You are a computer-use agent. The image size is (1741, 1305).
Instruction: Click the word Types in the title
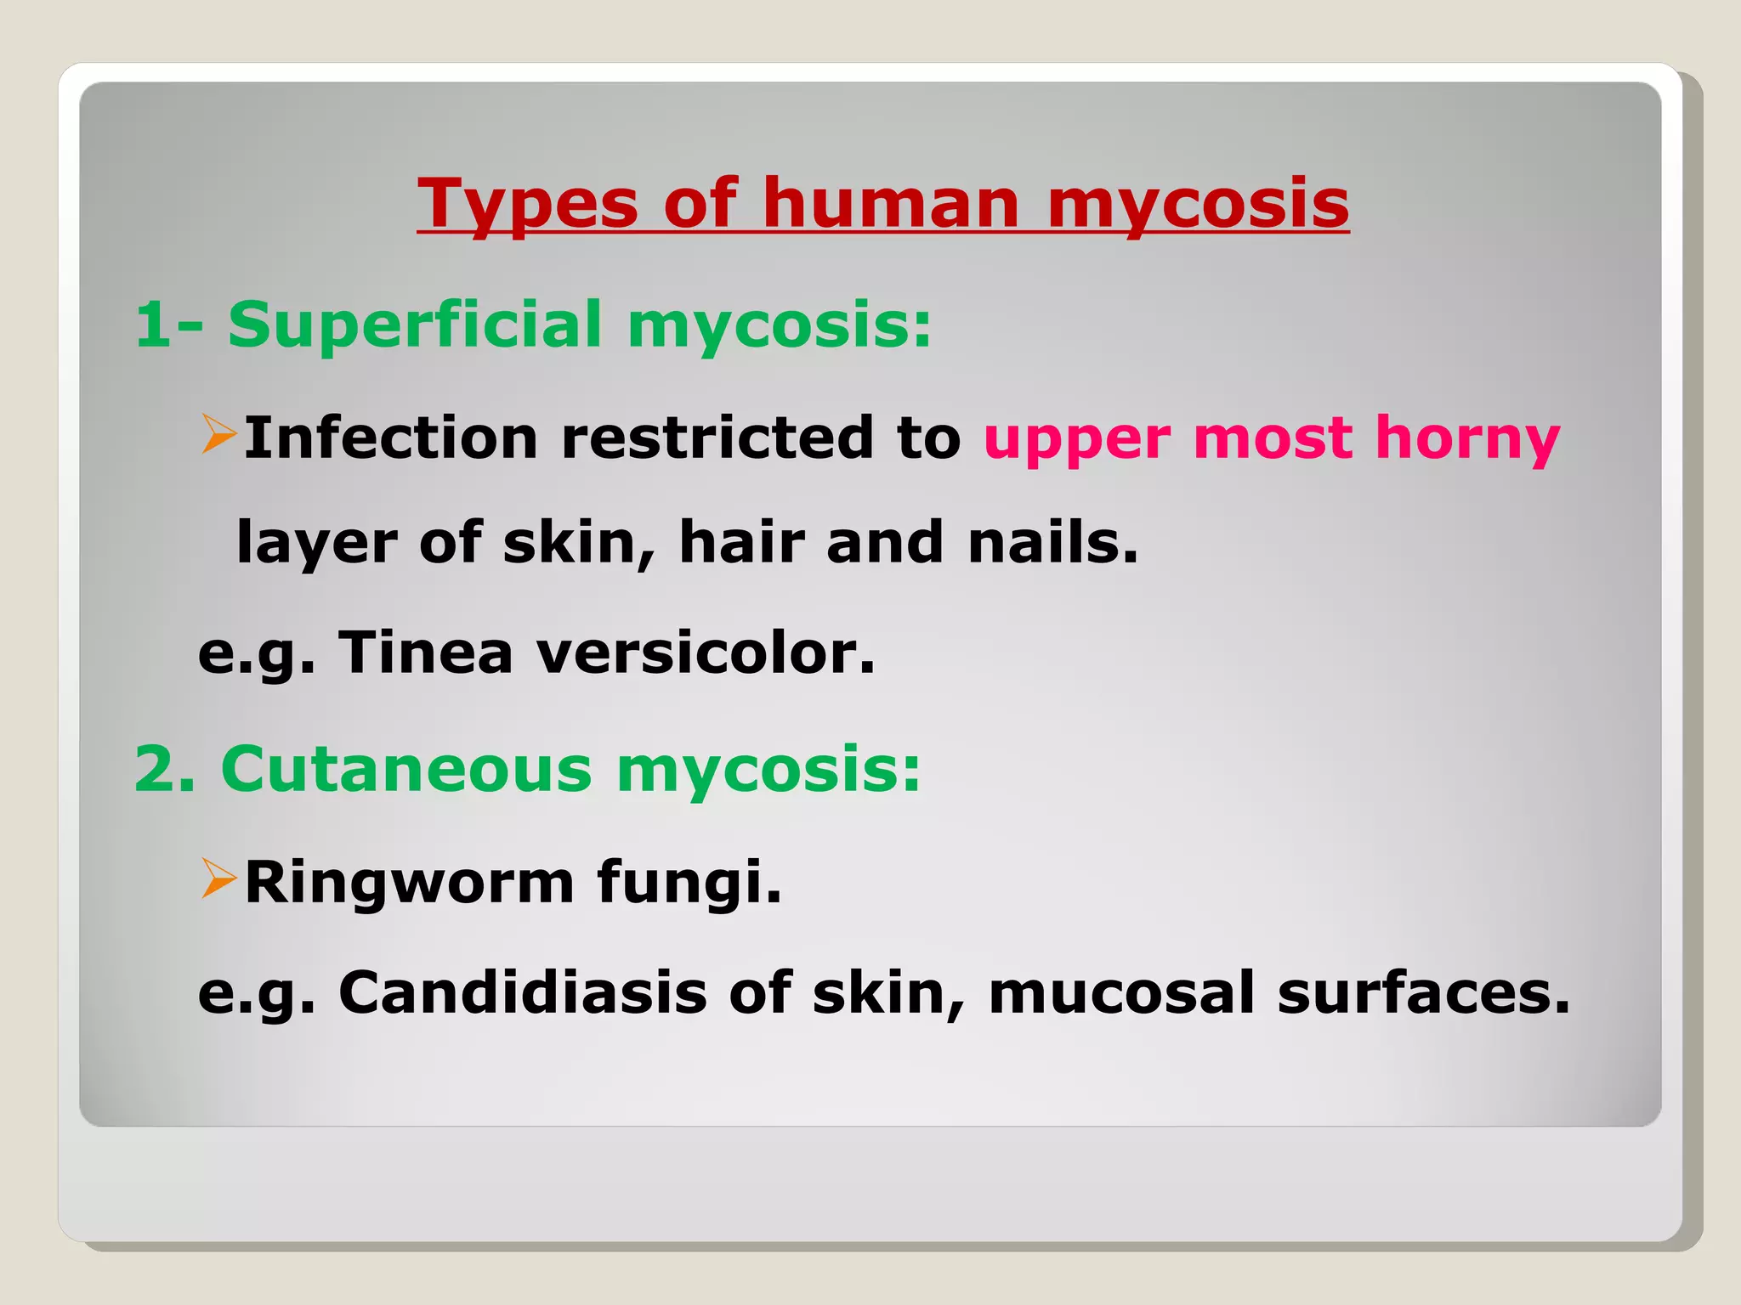coord(527,204)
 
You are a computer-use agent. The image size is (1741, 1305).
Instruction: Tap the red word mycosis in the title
coord(1198,204)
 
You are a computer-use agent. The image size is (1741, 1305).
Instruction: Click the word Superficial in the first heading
coord(415,325)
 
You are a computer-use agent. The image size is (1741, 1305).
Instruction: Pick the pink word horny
coord(1467,438)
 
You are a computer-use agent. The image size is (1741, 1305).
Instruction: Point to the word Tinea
coord(426,652)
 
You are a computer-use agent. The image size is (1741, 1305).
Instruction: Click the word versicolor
coord(706,652)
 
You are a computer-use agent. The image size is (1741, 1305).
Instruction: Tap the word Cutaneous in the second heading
coord(406,769)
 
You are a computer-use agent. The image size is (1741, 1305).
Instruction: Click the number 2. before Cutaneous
coord(165,769)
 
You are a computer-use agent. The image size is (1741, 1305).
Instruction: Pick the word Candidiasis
coord(523,991)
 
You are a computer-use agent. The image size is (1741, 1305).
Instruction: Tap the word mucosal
coord(1121,991)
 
